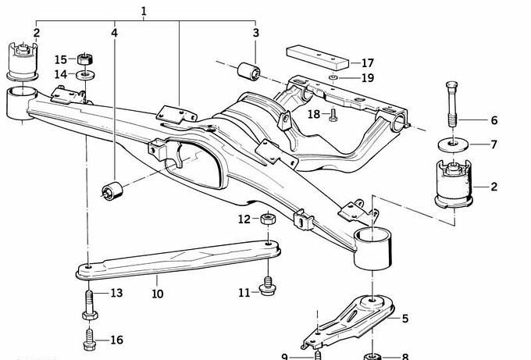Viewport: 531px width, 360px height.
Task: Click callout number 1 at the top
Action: pyautogui.click(x=144, y=10)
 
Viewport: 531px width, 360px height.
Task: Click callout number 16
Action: pyautogui.click(x=116, y=340)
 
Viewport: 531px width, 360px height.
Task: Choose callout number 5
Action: pyautogui.click(x=404, y=319)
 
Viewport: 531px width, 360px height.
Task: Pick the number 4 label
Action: pyautogui.click(x=115, y=34)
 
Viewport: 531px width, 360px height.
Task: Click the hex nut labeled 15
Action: pyautogui.click(x=87, y=59)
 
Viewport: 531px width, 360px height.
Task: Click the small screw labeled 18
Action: pyautogui.click(x=333, y=116)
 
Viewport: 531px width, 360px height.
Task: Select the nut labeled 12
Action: pyautogui.click(x=266, y=219)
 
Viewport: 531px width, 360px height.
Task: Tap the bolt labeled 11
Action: pyautogui.click(x=269, y=287)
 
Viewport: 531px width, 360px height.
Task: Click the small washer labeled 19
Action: pyautogui.click(x=333, y=78)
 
